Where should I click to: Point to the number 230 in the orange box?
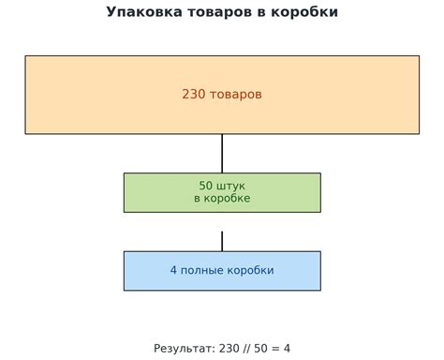pyautogui.click(x=194, y=95)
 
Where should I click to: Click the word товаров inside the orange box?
pyautogui.click(x=236, y=95)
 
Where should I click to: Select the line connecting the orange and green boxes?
pyautogui.click(x=222, y=153)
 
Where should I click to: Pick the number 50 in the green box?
pyautogui.click(x=207, y=186)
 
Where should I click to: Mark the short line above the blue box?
pyautogui.click(x=222, y=241)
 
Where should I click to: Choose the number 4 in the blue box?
pyautogui.click(x=174, y=271)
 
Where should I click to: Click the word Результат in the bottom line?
pyautogui.click(x=184, y=349)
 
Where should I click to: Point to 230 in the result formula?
pyautogui.click(x=229, y=349)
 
